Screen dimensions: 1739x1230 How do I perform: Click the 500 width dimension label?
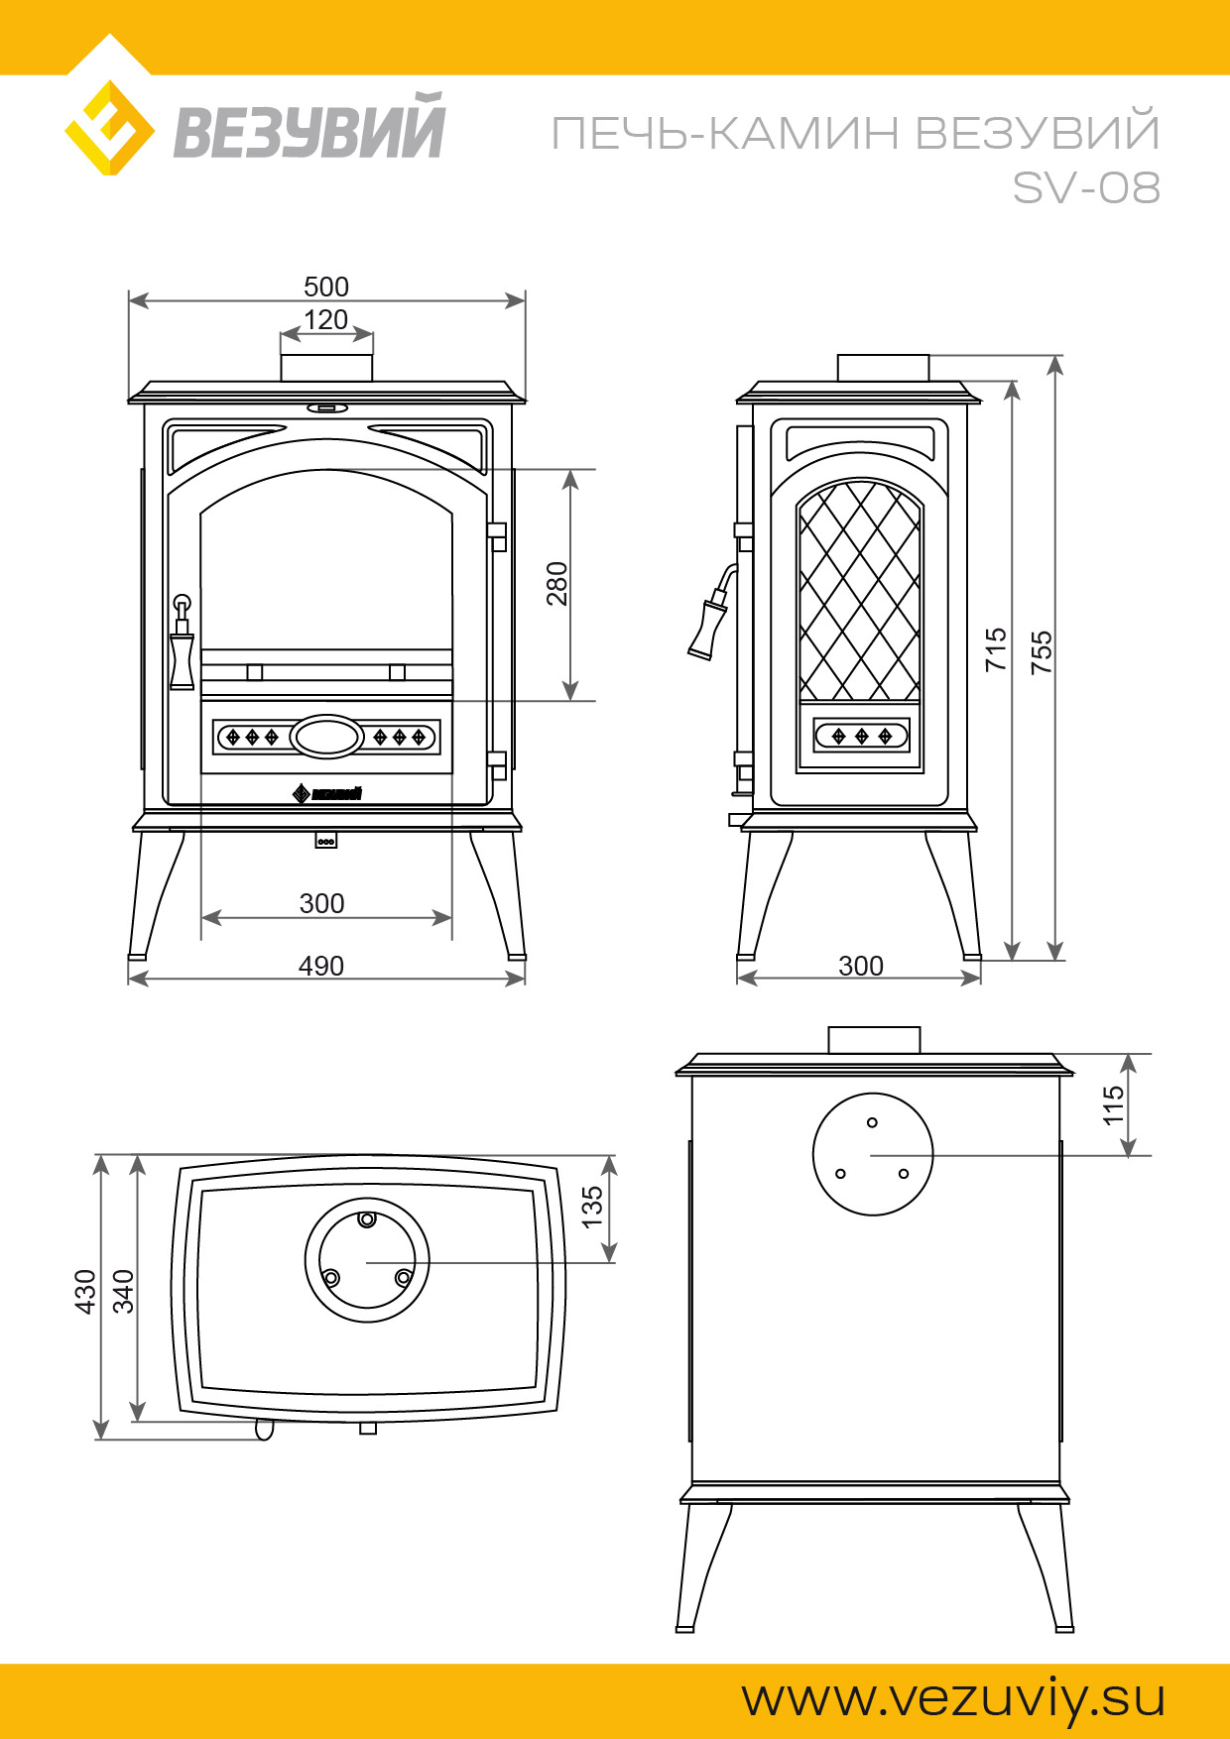pyautogui.click(x=326, y=287)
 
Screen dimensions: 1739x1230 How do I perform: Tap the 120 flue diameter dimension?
pyautogui.click(x=326, y=320)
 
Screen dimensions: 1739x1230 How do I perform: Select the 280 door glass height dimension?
pyautogui.click(x=557, y=583)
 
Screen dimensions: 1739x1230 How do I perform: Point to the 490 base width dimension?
pyautogui.click(x=321, y=966)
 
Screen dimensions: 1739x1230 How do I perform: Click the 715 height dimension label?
pyautogui.click(x=996, y=649)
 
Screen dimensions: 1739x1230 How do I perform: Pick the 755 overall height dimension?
pyautogui.click(x=1042, y=652)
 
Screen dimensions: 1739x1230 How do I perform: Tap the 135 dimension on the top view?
pyautogui.click(x=592, y=1207)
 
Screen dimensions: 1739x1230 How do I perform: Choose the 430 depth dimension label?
pyautogui.click(x=86, y=1291)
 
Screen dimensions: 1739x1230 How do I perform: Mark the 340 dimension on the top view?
pyautogui.click(x=123, y=1291)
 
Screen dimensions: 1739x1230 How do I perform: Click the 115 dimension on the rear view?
pyautogui.click(x=1114, y=1104)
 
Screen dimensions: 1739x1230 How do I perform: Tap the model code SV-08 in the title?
pyautogui.click(x=1086, y=187)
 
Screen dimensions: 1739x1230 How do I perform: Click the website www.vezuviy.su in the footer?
pyautogui.click(x=953, y=1698)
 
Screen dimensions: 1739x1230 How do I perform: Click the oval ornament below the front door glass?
pyautogui.click(x=327, y=737)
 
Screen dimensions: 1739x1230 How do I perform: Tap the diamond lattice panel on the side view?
pyautogui.click(x=859, y=591)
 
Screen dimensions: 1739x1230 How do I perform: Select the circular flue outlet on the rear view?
pyautogui.click(x=873, y=1154)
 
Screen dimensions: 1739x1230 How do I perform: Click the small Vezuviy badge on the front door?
pyautogui.click(x=327, y=793)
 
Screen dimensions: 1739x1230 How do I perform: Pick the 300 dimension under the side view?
pyautogui.click(x=860, y=966)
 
